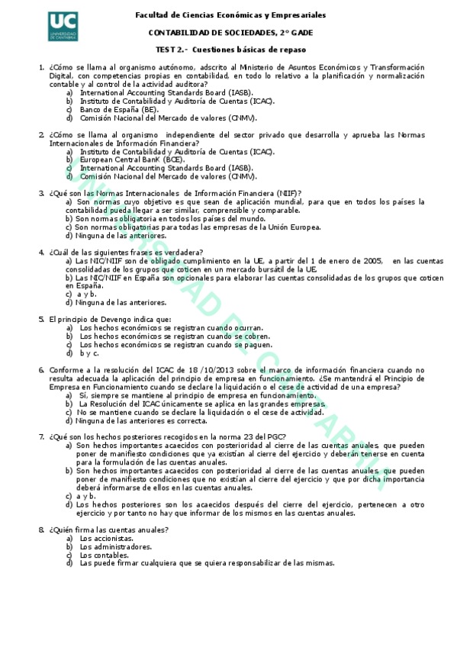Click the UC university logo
[67, 29]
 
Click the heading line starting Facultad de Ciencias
[230, 15]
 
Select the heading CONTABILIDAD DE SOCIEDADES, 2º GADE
[230, 32]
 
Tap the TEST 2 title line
[230, 49]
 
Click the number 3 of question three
[41, 193]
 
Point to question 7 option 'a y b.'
[85, 496]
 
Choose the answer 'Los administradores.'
[115, 546]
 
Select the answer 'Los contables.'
[105, 555]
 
